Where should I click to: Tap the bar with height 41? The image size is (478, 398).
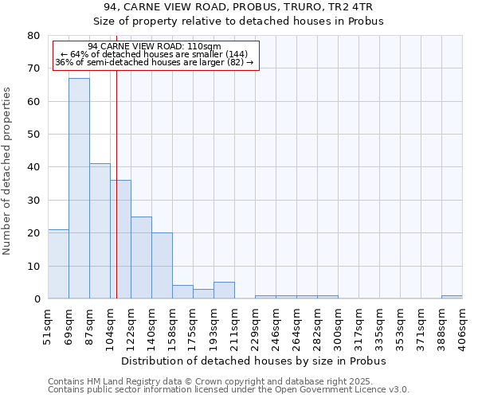[x=100, y=231]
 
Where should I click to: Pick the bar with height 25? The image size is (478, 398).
[x=141, y=258]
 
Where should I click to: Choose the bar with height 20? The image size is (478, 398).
[x=162, y=266]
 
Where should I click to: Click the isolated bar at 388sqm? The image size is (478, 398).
[x=452, y=297]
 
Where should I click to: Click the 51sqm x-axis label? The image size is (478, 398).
[x=48, y=324]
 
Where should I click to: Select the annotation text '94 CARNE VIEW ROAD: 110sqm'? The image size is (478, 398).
[x=155, y=46]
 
